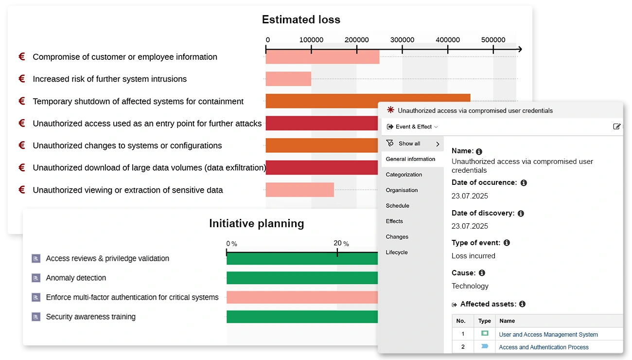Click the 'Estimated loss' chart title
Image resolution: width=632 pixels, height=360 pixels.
(301, 19)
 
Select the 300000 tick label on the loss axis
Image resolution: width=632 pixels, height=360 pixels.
(402, 40)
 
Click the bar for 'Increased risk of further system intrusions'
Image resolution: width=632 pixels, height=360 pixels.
(288, 79)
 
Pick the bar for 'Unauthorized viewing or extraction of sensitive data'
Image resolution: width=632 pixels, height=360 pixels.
(299, 190)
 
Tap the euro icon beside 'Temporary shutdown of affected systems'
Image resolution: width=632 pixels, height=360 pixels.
(22, 101)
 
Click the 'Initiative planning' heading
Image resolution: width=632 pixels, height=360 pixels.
(256, 223)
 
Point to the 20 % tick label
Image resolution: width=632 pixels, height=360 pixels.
(341, 243)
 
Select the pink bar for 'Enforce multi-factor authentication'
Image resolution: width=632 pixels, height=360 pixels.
(301, 297)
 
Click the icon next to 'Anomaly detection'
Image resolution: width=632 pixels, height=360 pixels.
(35, 278)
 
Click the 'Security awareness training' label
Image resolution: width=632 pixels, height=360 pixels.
(90, 317)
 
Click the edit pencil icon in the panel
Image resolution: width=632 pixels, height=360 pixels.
(616, 126)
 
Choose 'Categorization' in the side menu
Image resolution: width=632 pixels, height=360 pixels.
(404, 175)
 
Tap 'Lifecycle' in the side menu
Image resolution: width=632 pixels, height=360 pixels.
(396, 252)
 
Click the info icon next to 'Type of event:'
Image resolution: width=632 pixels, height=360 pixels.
(507, 243)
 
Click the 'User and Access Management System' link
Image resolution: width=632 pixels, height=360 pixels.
(548, 334)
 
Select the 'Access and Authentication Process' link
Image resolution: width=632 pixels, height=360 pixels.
(544, 347)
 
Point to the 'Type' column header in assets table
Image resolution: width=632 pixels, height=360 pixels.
(484, 321)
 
